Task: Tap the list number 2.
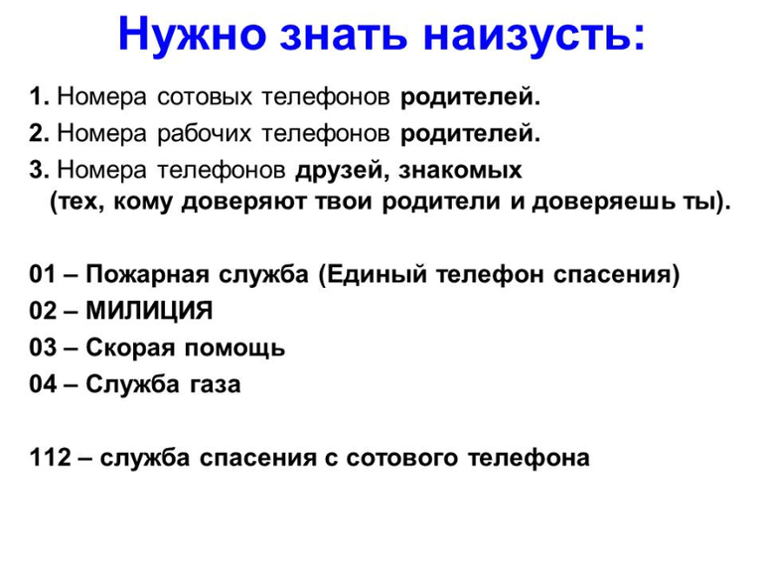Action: (38, 133)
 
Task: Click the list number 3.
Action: (38, 169)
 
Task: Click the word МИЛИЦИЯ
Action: (150, 311)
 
